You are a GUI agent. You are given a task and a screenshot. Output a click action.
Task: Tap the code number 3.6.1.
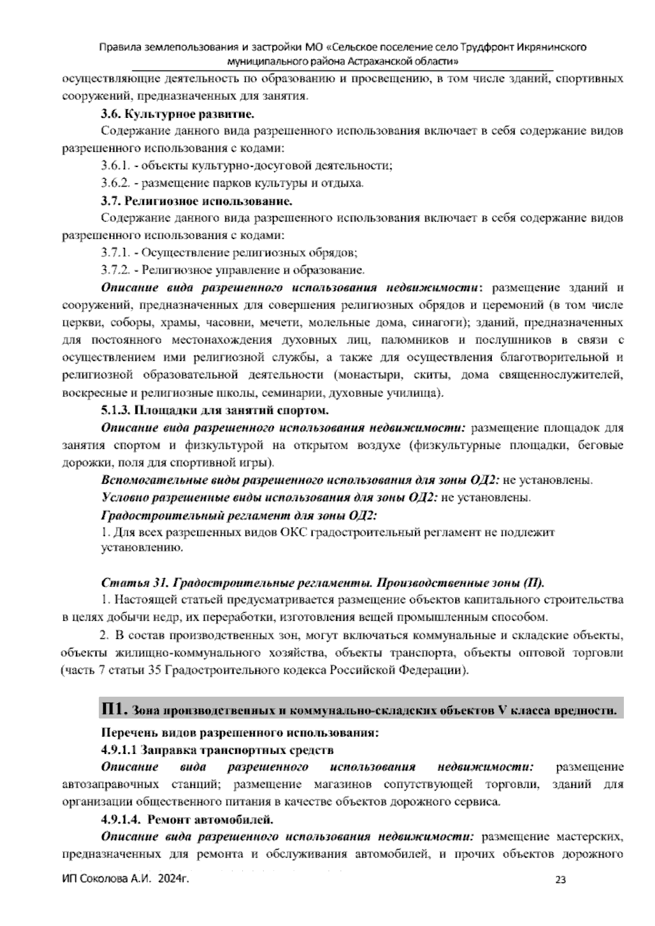[115, 165]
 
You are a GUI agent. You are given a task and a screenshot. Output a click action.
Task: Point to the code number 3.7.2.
[115, 270]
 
